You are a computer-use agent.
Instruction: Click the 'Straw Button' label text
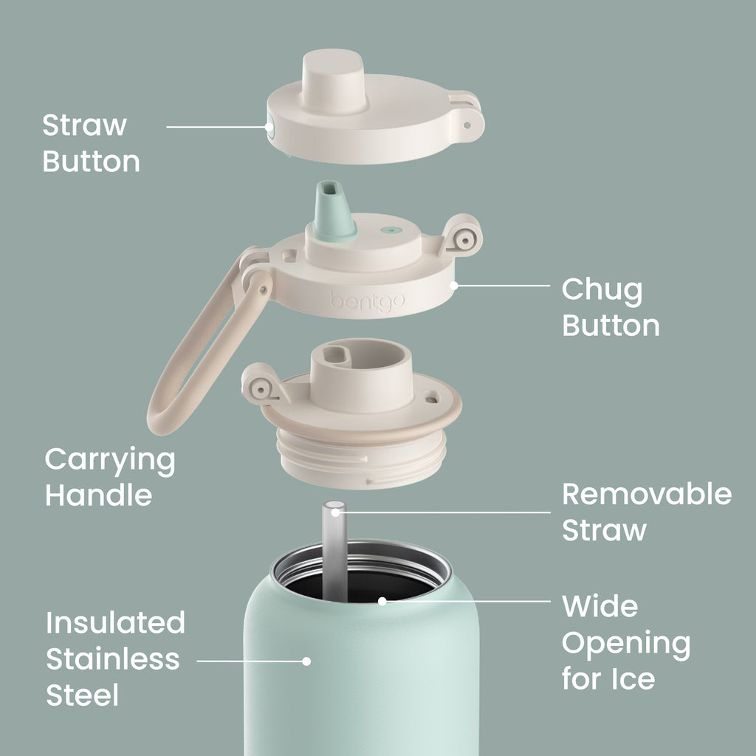(x=91, y=142)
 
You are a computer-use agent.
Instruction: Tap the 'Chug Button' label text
(x=611, y=307)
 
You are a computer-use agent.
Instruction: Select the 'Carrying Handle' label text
(x=110, y=477)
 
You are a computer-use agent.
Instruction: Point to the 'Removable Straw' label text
(x=647, y=512)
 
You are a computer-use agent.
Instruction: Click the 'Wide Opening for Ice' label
(x=626, y=643)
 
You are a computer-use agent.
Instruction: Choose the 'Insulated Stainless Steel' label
(x=115, y=659)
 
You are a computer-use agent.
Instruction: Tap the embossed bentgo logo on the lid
(x=368, y=301)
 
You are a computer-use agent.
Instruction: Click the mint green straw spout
(x=334, y=210)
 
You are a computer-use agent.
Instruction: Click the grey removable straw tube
(x=335, y=551)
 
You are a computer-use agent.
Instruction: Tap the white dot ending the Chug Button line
(x=454, y=286)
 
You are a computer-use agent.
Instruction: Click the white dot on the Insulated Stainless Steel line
(x=306, y=661)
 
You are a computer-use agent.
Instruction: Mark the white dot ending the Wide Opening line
(x=382, y=601)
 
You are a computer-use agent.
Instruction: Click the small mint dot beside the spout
(x=391, y=230)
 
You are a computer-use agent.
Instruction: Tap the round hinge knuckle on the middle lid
(x=463, y=236)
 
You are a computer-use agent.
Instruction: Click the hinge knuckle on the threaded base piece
(x=261, y=385)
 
